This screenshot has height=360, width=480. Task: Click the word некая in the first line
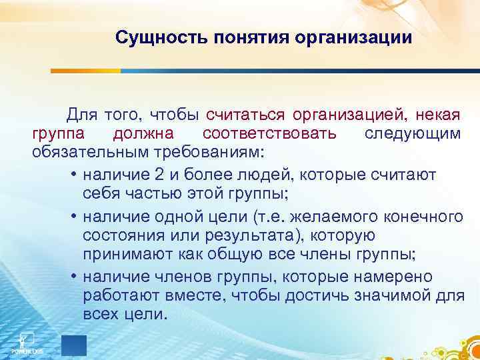point(438,114)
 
